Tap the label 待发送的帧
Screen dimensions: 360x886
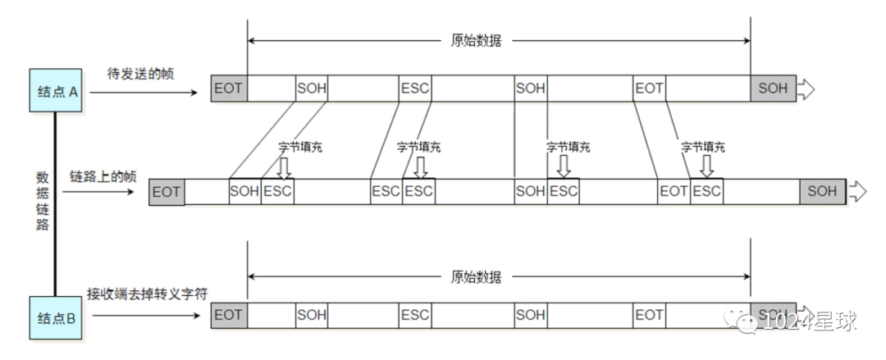pyautogui.click(x=141, y=74)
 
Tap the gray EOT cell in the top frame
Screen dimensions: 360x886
pyautogui.click(x=229, y=88)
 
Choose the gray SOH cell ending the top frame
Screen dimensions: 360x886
pyautogui.click(x=772, y=88)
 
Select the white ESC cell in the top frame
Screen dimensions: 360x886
pyautogui.click(x=415, y=88)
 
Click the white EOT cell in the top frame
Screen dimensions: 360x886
pyautogui.click(x=649, y=88)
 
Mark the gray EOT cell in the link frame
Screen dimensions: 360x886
pyautogui.click(x=167, y=192)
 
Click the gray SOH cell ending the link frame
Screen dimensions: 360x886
pyautogui.click(x=822, y=192)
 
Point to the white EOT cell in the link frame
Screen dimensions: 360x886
pyautogui.click(x=674, y=192)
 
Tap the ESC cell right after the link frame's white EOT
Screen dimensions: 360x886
pyautogui.click(x=706, y=192)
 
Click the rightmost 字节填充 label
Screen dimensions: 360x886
pyautogui.click(x=703, y=148)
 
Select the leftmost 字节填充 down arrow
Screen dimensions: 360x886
pyautogui.click(x=284, y=167)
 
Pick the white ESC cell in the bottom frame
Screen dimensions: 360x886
pyautogui.click(x=415, y=314)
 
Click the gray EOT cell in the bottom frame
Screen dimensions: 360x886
pyautogui.click(x=229, y=314)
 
